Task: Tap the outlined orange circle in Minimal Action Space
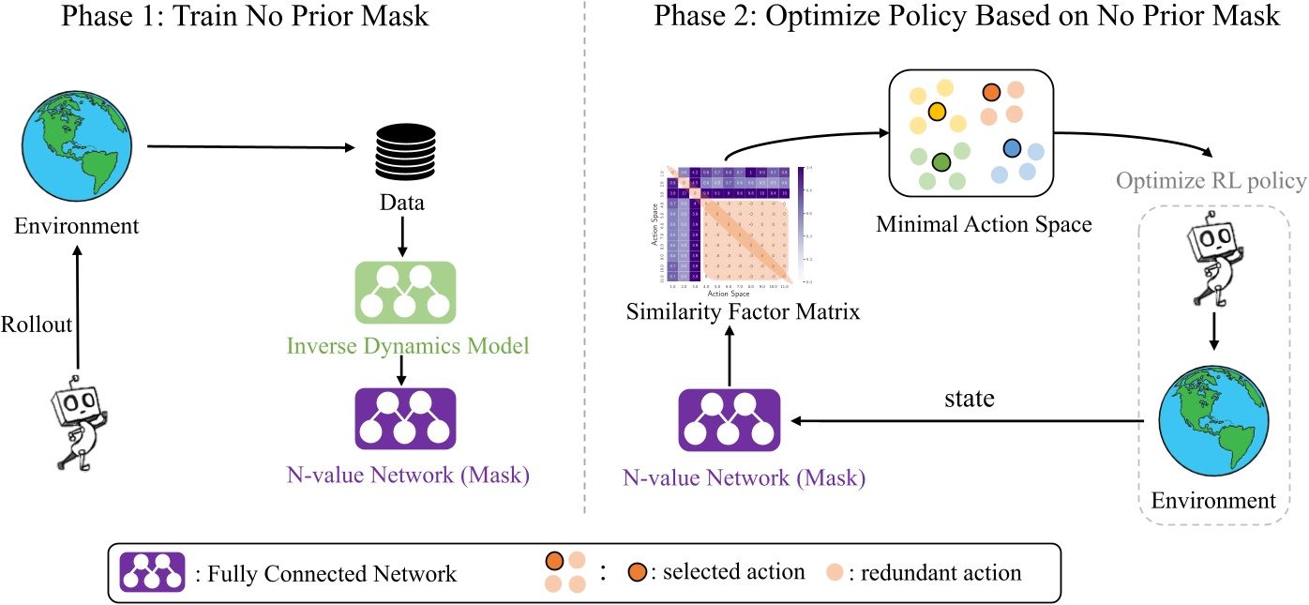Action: coord(992,92)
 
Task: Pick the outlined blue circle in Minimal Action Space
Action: coord(1011,148)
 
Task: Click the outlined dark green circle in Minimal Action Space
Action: coord(941,162)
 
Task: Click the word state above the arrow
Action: coord(969,399)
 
